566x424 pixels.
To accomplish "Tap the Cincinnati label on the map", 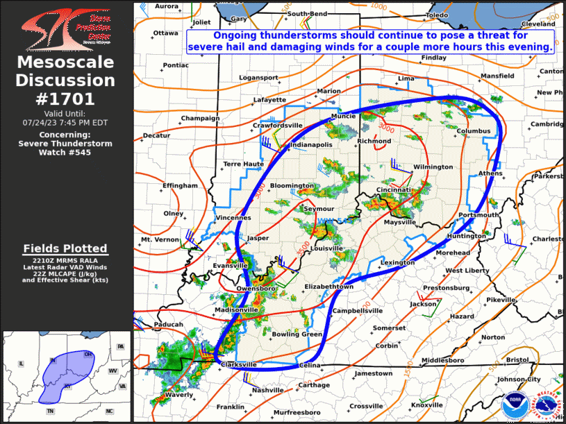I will point(394,189).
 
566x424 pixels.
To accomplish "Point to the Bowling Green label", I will point(297,334).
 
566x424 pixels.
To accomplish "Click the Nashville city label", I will point(267,390).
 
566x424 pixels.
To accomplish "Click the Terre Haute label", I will point(243,164).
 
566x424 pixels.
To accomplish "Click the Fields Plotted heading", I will point(65,248).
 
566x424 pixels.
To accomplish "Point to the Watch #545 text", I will point(65,151).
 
